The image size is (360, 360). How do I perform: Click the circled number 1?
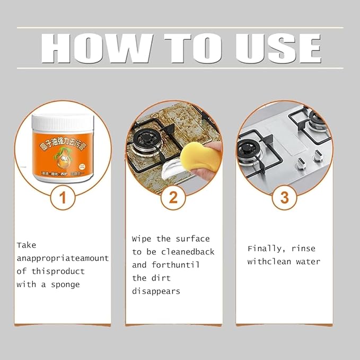coord(63,198)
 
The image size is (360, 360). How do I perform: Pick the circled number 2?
coord(173,198)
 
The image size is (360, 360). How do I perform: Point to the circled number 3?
coord(284,198)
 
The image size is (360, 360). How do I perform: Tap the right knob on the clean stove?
coord(319,156)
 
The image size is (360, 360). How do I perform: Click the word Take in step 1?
coord(27,245)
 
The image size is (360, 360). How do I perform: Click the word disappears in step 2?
coord(156,291)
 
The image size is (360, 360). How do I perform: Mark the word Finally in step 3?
coord(266,249)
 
